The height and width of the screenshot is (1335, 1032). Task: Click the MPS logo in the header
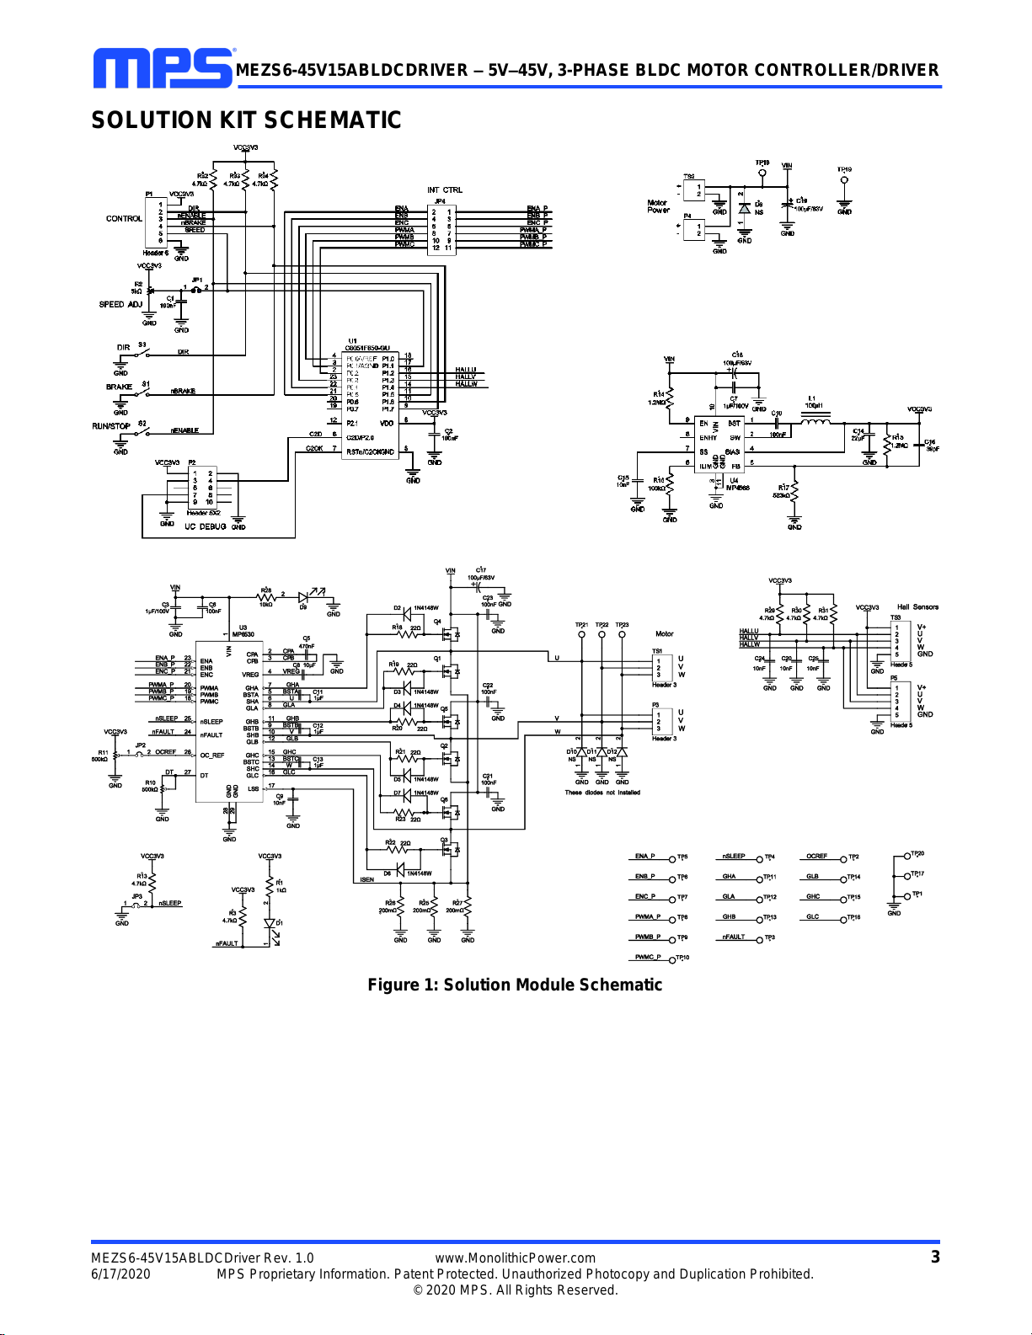163,68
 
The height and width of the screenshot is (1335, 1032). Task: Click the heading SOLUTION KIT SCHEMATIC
246,120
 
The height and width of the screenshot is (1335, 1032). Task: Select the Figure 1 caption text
515,985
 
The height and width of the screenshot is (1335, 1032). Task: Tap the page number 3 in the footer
934,1257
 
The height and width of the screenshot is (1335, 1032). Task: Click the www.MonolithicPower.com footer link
515,1258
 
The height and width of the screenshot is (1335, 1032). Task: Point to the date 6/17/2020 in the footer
120,1274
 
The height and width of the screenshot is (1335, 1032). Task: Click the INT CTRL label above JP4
444,190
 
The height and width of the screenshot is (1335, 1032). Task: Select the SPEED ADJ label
120,304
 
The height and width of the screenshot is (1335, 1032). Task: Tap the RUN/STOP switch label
111,425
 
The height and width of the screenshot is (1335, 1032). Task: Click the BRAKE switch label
119,387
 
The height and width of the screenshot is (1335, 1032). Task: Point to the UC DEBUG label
205,526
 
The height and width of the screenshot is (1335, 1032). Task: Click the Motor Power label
657,206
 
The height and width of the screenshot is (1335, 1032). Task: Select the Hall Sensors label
917,606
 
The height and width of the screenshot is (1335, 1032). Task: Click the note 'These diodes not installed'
602,793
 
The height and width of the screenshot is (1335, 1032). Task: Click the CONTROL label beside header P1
124,218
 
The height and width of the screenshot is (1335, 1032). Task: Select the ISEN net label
367,879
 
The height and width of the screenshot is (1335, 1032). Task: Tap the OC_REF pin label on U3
212,756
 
